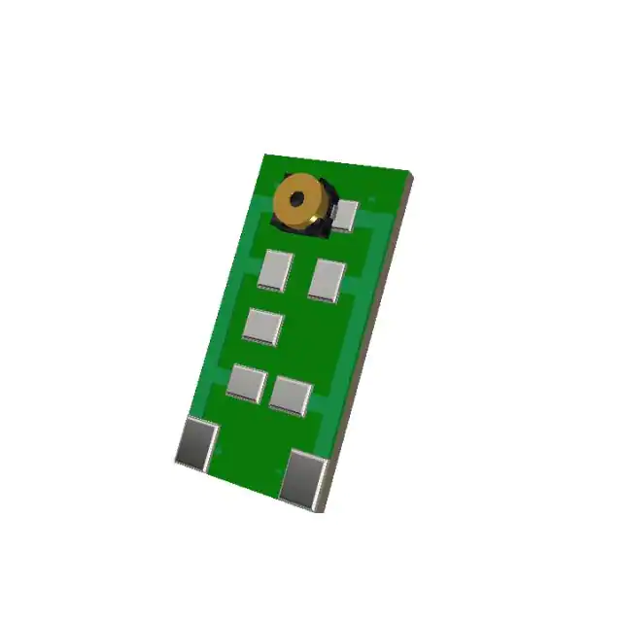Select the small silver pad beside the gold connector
[x=345, y=215]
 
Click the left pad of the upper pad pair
[x=275, y=270]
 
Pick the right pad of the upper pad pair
[x=327, y=280]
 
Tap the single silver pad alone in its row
[x=263, y=326]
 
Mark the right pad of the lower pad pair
[x=290, y=395]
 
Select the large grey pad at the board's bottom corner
[x=303, y=477]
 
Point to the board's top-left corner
[x=265, y=155]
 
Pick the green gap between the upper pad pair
[x=300, y=275]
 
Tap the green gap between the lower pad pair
[x=268, y=389]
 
